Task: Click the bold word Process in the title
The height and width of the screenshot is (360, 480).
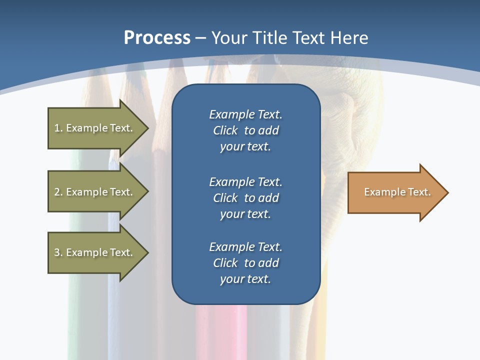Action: point(157,38)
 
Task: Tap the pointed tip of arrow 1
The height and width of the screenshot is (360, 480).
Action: point(147,128)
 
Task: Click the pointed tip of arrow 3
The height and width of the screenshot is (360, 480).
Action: point(147,252)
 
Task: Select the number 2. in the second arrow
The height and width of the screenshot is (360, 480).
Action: point(58,192)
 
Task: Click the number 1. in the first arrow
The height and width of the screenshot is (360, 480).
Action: point(58,128)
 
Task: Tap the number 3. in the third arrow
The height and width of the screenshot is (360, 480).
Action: point(58,252)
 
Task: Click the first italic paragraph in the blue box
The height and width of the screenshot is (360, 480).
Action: point(245,130)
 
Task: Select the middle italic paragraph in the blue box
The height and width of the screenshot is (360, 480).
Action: point(245,198)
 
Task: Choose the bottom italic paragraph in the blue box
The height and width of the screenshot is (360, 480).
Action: point(245,263)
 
